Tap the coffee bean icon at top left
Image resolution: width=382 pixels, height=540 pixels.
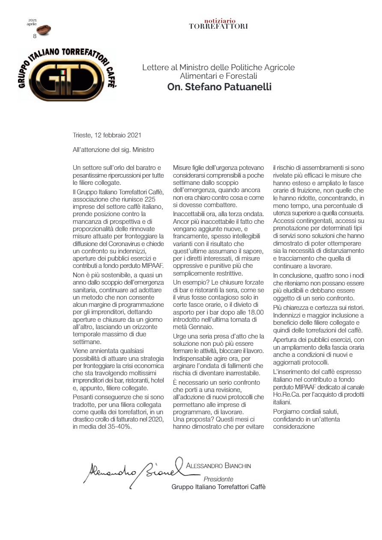coord(43,30)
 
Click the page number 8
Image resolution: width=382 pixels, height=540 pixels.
coord(35,36)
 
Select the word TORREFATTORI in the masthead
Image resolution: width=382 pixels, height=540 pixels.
coord(218,26)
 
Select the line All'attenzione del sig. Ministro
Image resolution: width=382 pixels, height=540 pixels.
coord(113,150)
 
